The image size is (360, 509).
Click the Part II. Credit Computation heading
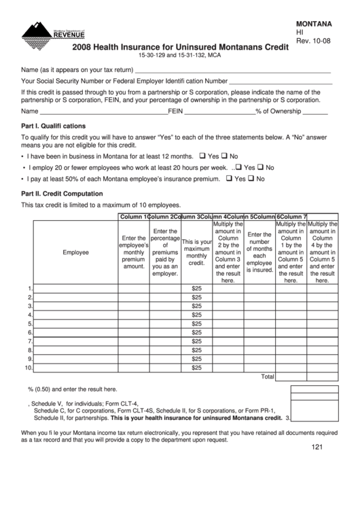62,194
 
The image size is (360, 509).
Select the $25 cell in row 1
197,288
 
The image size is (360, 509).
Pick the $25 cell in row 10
197,368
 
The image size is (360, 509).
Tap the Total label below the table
267,376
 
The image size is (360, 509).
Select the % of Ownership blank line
314,110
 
